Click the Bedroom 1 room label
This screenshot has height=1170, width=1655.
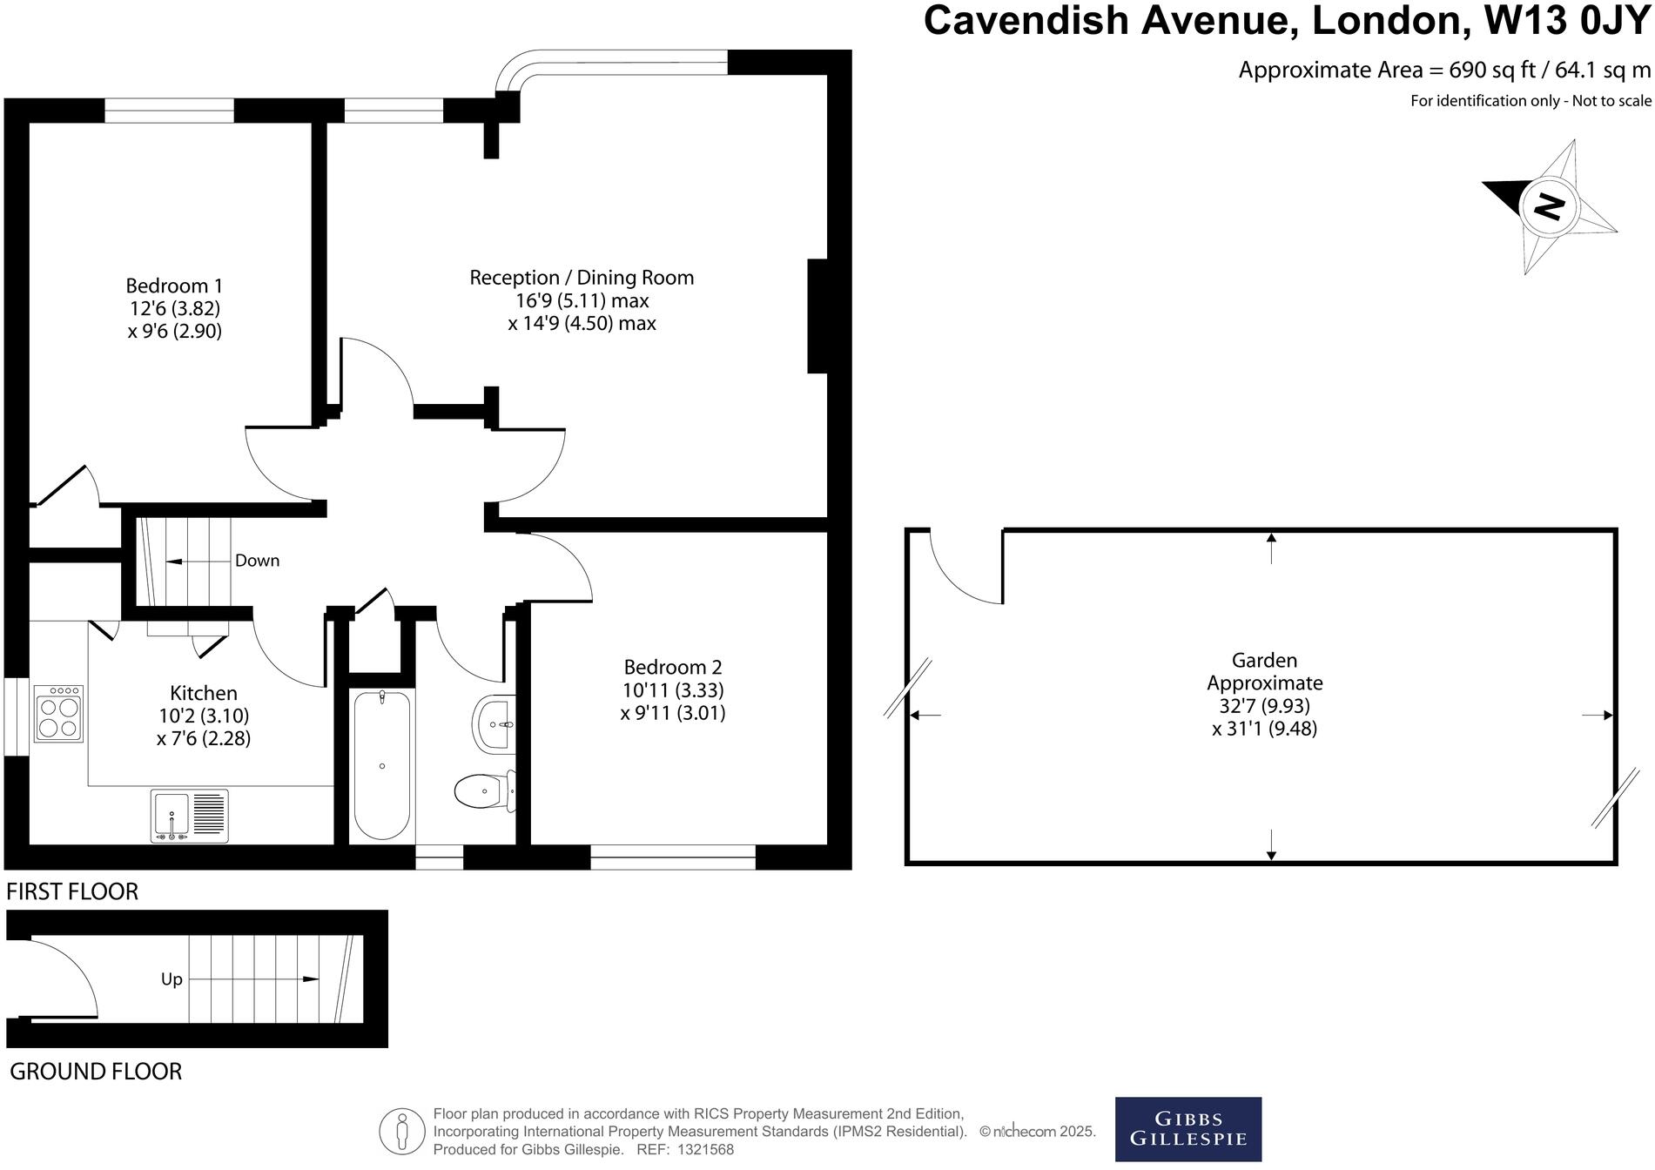(x=174, y=286)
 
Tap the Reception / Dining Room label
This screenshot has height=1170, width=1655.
(x=582, y=278)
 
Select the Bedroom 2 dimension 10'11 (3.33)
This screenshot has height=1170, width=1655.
(x=672, y=690)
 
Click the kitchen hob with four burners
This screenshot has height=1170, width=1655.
(x=58, y=713)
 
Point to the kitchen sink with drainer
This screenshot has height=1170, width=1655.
(x=189, y=816)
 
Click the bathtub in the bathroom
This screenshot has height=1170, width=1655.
(x=381, y=765)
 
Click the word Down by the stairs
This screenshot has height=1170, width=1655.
(x=257, y=561)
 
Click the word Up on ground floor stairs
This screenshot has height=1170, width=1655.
(x=172, y=979)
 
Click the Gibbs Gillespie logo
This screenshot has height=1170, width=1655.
(x=1187, y=1129)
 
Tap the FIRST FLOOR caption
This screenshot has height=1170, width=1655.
(x=72, y=891)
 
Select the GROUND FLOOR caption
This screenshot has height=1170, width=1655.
(x=96, y=1072)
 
